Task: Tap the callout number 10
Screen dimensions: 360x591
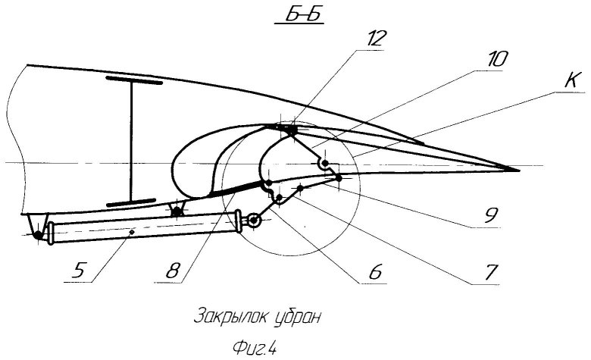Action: pos(499,59)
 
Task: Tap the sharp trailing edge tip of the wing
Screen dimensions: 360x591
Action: pos(517,168)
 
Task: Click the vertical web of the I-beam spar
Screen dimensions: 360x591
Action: pos(131,140)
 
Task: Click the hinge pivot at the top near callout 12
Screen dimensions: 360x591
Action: pos(290,132)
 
